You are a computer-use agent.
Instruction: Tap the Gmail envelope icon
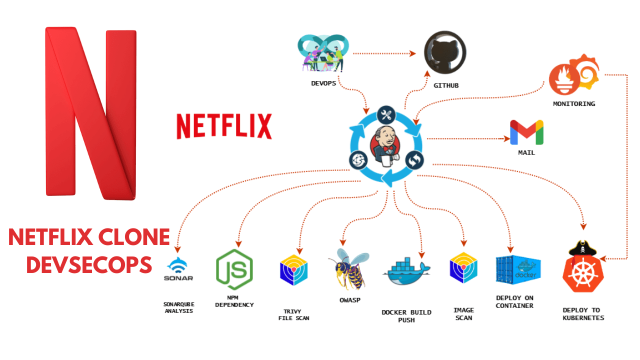[x=526, y=132]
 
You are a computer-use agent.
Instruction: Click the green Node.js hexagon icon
[x=234, y=269]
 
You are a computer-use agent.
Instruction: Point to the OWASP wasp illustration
[x=348, y=270]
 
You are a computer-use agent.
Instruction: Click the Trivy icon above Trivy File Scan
[x=293, y=270]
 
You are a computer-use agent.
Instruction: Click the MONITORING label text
[x=574, y=104]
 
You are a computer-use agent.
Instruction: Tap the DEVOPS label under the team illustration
[x=323, y=83]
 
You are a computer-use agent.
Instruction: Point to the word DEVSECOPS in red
[x=89, y=264]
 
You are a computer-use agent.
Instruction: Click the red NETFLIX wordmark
[x=224, y=125]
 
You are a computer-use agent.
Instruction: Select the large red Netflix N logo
[x=91, y=114]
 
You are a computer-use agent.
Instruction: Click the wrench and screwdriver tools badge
[x=386, y=115]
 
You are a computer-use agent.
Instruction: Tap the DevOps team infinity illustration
[x=323, y=53]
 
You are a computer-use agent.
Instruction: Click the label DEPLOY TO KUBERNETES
[x=583, y=314]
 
